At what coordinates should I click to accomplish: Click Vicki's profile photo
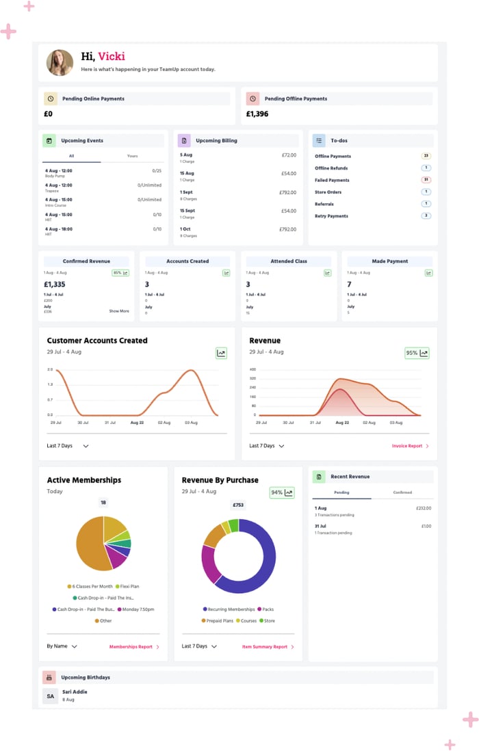click(60, 63)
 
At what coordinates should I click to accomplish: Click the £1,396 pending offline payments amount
click(257, 114)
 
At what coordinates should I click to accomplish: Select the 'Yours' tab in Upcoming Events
click(132, 156)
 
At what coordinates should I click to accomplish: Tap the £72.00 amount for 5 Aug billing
click(289, 155)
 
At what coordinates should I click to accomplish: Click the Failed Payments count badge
click(426, 180)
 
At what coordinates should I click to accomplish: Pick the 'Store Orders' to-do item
click(328, 192)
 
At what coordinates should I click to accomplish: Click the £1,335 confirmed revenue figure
click(55, 285)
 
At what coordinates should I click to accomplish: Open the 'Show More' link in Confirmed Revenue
click(119, 311)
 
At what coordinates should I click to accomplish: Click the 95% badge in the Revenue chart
click(417, 354)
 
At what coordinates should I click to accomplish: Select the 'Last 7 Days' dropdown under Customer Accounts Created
click(68, 446)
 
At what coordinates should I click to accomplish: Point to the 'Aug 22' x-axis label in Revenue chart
click(343, 423)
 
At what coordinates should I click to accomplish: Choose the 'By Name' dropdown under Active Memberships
click(62, 646)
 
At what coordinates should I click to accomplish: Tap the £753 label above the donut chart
click(238, 505)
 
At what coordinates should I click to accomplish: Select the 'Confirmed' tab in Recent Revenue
click(402, 492)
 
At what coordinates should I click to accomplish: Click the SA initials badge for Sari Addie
click(50, 696)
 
